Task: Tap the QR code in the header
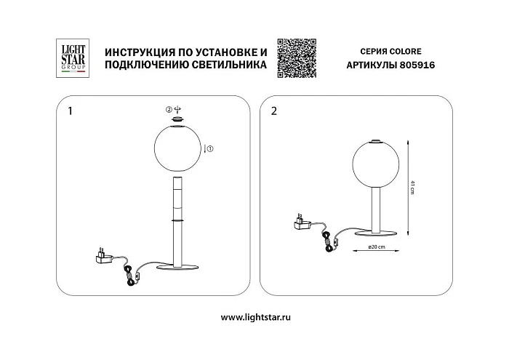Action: pyautogui.click(x=297, y=56)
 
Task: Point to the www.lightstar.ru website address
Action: pyautogui.click(x=254, y=317)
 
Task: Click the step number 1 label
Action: pyautogui.click(x=70, y=112)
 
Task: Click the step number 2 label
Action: pyautogui.click(x=273, y=112)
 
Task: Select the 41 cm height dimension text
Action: pyautogui.click(x=412, y=188)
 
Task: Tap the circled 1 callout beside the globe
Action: pyautogui.click(x=210, y=149)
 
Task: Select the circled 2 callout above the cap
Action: pyautogui.click(x=169, y=109)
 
